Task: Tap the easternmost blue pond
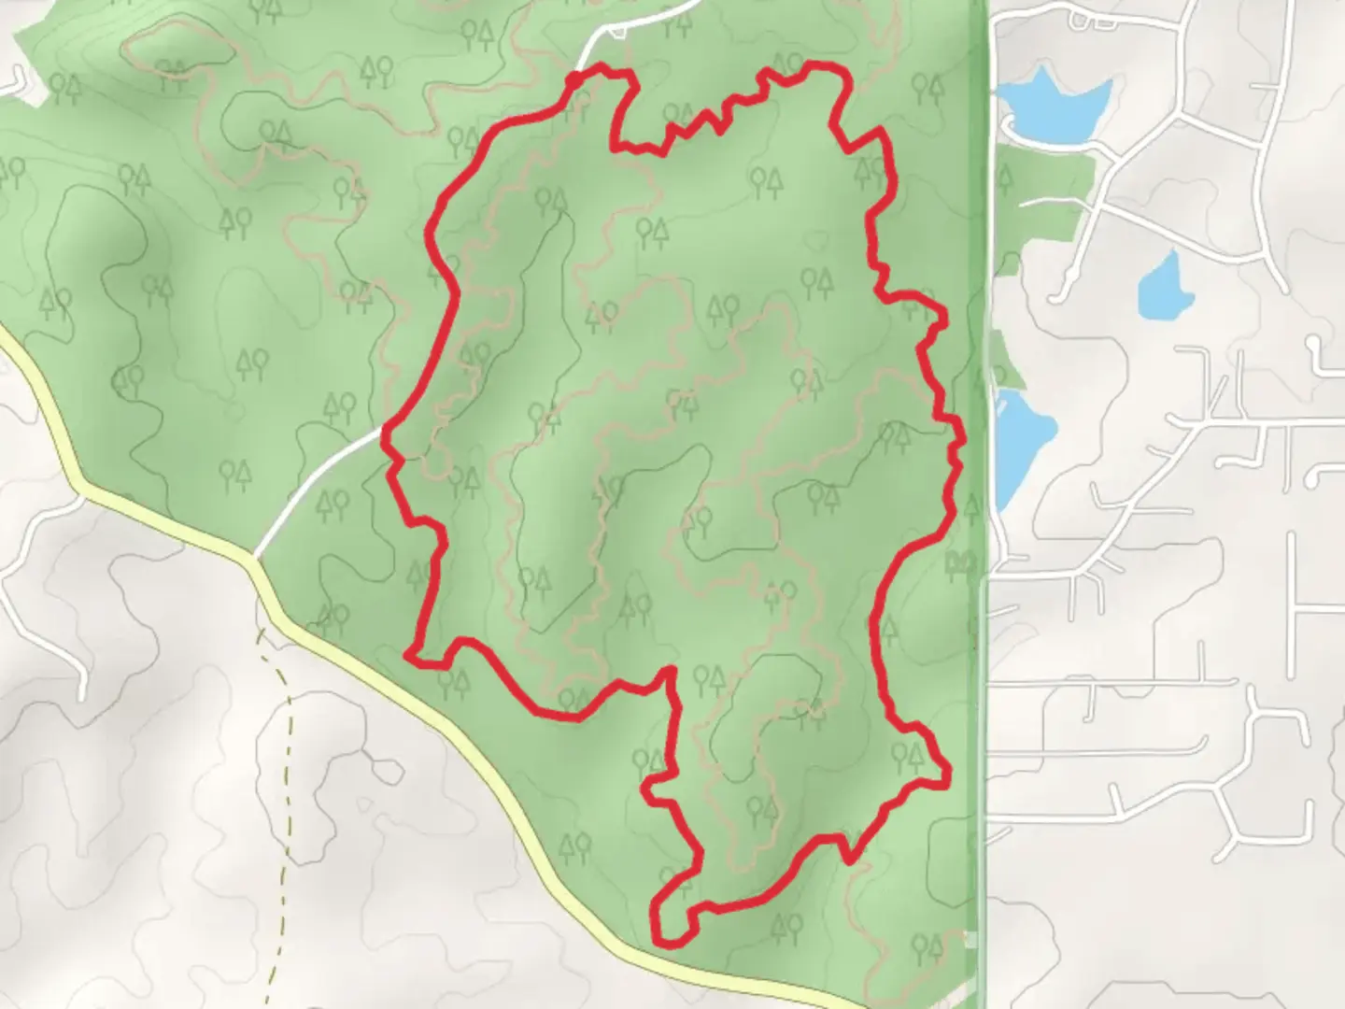pos(1166,286)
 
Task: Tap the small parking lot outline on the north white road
pos(617,34)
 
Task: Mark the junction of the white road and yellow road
pos(254,559)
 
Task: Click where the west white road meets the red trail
pos(386,431)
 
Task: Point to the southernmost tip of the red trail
pos(665,942)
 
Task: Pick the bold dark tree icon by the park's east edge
pos(960,561)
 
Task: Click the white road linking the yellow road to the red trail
pos(318,486)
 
